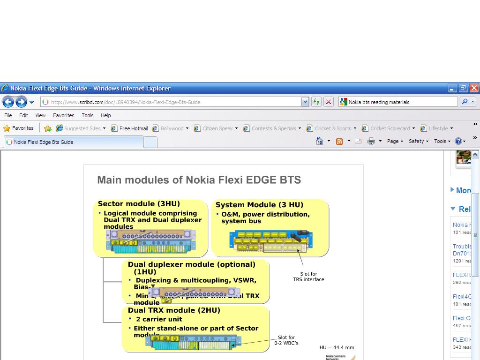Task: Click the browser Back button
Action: click(8, 102)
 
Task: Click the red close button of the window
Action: click(474, 88)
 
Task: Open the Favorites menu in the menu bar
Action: click(63, 115)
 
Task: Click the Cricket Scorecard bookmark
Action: click(390, 128)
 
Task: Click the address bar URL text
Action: click(126, 102)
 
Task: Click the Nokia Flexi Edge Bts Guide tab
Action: click(44, 142)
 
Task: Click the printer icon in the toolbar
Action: click(371, 141)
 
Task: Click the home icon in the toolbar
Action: click(320, 141)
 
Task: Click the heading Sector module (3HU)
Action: click(139, 204)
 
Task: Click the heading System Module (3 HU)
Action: click(259, 205)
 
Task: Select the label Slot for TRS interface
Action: click(308, 277)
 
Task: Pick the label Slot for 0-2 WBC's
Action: click(286, 340)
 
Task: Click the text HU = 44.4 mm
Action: click(337, 348)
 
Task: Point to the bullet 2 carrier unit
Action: click(159, 319)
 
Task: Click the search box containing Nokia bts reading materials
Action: click(401, 102)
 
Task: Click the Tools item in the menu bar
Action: click(88, 115)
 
